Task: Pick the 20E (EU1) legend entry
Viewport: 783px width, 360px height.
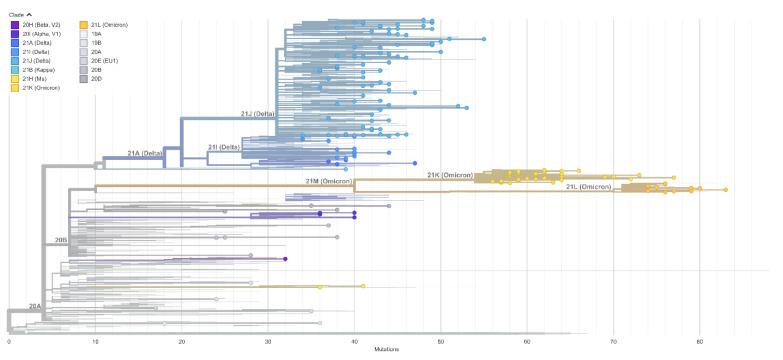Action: coord(100,60)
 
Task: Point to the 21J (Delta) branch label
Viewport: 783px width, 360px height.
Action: coord(258,115)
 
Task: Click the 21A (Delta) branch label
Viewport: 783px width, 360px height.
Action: coord(145,153)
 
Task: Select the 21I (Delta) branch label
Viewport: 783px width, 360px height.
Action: coord(223,147)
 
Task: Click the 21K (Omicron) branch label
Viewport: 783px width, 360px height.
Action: coord(449,175)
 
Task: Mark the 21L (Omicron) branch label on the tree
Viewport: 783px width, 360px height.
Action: coord(587,186)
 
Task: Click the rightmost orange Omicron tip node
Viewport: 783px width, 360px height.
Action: coord(726,189)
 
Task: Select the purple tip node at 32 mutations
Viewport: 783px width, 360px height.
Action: coord(285,259)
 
